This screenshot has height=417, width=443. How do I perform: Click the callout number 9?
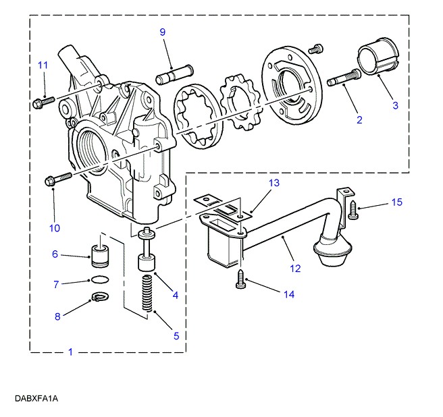pyautogui.click(x=162, y=32)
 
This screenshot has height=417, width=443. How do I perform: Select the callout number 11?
pyautogui.click(x=43, y=65)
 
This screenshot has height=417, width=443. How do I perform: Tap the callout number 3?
pyautogui.click(x=395, y=105)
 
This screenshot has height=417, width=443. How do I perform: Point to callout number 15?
pyautogui.click(x=396, y=202)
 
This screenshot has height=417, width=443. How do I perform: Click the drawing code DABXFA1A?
pyautogui.click(x=36, y=398)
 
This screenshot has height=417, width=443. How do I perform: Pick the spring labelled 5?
pyautogui.click(x=147, y=293)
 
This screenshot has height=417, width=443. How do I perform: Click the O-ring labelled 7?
pyautogui.click(x=100, y=279)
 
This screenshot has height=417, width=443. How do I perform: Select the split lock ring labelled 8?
pyautogui.click(x=101, y=296)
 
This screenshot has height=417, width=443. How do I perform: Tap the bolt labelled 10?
pyautogui.click(x=58, y=179)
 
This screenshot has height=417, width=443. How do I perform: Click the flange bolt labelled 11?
pyautogui.click(x=43, y=102)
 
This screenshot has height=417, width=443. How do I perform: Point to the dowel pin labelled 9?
pyautogui.click(x=175, y=74)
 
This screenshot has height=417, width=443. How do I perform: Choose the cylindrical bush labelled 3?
pyautogui.click(x=377, y=57)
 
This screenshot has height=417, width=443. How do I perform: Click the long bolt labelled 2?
pyautogui.click(x=344, y=78)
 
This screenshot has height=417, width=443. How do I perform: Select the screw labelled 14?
pyautogui.click(x=240, y=279)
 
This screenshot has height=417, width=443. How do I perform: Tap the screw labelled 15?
pyautogui.click(x=353, y=209)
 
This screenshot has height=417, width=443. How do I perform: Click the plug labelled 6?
pyautogui.click(x=100, y=256)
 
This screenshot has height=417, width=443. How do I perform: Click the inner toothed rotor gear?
pyautogui.click(x=240, y=102)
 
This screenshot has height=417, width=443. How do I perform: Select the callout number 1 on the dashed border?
pyautogui.click(x=71, y=352)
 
